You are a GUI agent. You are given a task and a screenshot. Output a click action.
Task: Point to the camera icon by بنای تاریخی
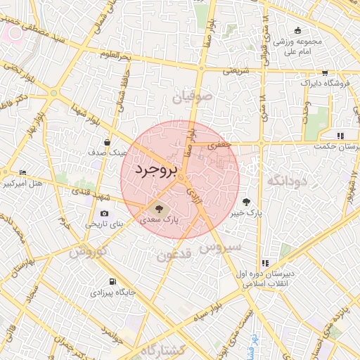click(105, 214)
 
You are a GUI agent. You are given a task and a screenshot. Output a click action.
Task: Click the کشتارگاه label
click(162, 349)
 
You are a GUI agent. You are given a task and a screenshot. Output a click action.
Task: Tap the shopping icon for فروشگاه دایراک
click(323, 72)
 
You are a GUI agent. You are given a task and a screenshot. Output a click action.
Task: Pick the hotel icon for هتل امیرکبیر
click(22, 172)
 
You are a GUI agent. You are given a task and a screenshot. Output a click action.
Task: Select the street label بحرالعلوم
click(115, 54)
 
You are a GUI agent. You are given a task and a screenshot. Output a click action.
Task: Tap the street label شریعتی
click(236, 70)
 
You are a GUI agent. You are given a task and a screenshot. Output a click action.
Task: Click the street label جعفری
click(217, 143)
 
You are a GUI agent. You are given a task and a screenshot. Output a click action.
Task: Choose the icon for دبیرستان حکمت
click(340, 136)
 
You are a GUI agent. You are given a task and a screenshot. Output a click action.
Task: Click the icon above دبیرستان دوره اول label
click(264, 263)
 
